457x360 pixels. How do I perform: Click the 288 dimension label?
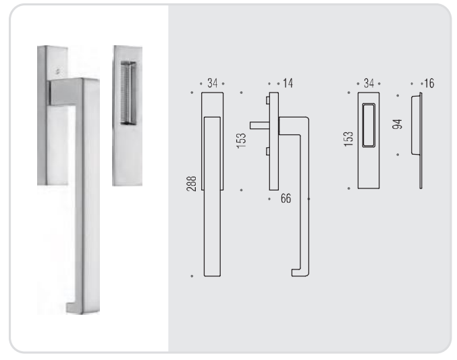[x=191, y=184]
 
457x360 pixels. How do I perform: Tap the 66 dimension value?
[x=286, y=199]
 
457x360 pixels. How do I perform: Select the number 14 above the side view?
[x=288, y=84]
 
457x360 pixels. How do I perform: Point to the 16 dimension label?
[x=429, y=84]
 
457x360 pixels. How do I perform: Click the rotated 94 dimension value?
[x=397, y=124]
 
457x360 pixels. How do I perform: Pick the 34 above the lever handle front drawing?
[x=212, y=84]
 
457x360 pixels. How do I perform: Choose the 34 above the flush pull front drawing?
[x=369, y=84]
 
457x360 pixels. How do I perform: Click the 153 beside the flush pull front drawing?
[x=348, y=139]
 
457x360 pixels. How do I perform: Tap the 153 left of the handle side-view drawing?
[x=241, y=140]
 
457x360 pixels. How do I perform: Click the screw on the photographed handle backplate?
[x=57, y=70]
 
